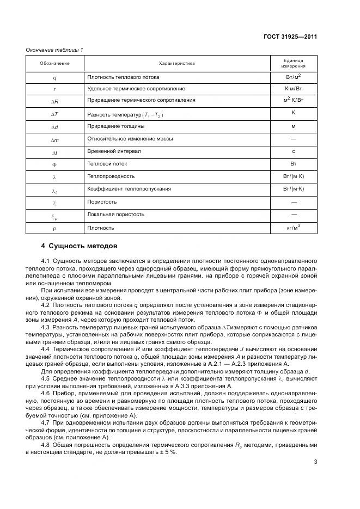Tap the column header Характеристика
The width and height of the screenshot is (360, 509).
(x=176, y=63)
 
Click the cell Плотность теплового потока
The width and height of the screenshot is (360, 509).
(x=119, y=77)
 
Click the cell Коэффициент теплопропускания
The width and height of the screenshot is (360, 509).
(x=129, y=189)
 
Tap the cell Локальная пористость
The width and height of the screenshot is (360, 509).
(x=115, y=214)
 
